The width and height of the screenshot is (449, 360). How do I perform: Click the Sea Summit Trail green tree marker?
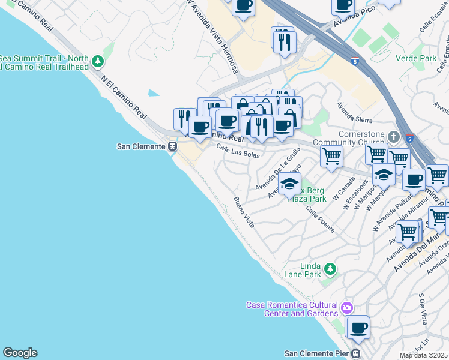click(x=97, y=62)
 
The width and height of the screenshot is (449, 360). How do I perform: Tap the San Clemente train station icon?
click(x=173, y=146)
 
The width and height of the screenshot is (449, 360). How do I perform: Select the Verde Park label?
click(x=416, y=58)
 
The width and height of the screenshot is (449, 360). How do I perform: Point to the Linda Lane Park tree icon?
click(x=329, y=268)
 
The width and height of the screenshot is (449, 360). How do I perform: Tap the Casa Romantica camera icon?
click(x=346, y=308)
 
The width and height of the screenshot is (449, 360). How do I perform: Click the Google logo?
click(x=20, y=352)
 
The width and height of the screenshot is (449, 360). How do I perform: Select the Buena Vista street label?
click(x=244, y=212)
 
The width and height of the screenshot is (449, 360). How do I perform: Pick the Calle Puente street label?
click(x=319, y=220)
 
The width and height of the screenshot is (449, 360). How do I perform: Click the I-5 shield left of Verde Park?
click(x=356, y=61)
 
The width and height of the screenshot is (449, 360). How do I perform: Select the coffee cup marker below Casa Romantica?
click(x=359, y=328)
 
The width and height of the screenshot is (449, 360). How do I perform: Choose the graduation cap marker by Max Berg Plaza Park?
click(x=289, y=184)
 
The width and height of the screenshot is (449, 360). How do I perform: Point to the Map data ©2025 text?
click(x=424, y=355)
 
